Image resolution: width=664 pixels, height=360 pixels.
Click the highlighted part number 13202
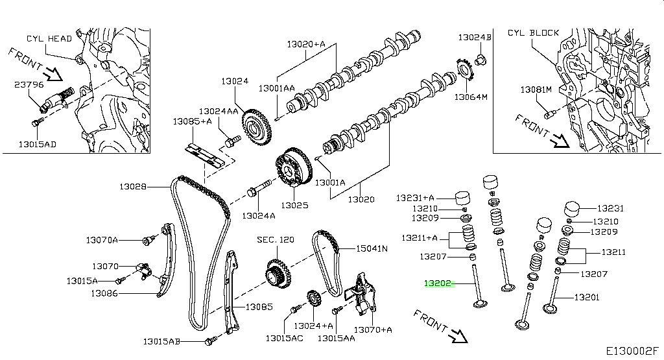coord(437,283)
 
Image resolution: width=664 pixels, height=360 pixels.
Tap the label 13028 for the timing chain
coord(133,187)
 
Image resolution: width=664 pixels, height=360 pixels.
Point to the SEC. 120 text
coord(275,239)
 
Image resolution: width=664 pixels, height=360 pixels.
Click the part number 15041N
coord(370,248)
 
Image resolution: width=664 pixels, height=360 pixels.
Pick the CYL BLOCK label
coord(533,32)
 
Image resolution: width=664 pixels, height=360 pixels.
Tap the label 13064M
coord(470,97)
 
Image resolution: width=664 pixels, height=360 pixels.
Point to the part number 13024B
coord(475,38)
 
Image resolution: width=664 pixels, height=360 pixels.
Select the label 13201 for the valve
coord(586,298)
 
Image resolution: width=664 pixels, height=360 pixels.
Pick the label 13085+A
coord(192,121)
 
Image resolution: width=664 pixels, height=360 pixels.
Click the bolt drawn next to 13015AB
coord(209,340)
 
